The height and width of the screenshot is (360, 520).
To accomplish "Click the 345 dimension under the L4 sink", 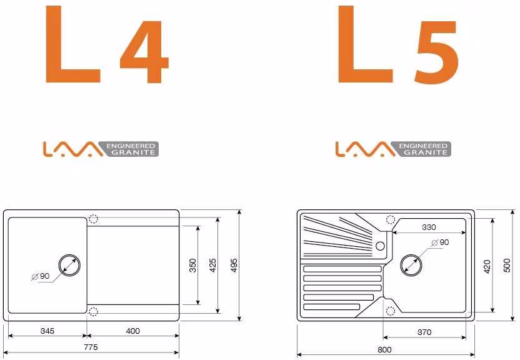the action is click(47, 331).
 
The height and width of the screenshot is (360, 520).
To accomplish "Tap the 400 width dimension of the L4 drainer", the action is click(133, 331).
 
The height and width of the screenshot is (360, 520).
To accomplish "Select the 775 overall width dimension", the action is click(91, 347).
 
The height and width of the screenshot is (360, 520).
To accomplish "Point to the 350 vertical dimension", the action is click(193, 265).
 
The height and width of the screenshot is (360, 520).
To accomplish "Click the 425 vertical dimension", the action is click(213, 265).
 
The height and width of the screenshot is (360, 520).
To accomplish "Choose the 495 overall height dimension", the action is click(234, 265).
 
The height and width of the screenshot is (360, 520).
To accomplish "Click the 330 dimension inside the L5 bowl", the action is click(429, 227).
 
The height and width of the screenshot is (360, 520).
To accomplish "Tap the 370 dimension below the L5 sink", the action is click(424, 332).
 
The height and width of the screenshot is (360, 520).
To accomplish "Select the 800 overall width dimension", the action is click(384, 350).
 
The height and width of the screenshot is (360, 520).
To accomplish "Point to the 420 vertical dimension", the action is click(487, 266).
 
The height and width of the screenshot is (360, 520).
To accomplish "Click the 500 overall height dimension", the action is click(507, 265).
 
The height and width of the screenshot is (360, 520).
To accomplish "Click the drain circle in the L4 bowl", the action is click(69, 256).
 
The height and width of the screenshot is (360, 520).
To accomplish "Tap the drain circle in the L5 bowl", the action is click(411, 255).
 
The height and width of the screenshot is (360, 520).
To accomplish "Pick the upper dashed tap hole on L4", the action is click(93, 219).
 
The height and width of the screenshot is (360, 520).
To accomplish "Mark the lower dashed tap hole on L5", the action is click(391, 311).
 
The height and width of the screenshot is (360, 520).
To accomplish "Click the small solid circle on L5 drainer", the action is click(380, 246).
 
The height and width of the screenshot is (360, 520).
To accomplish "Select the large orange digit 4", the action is click(144, 51).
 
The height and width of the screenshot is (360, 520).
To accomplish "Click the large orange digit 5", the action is click(437, 52).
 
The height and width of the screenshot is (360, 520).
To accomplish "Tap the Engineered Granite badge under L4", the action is click(101, 149).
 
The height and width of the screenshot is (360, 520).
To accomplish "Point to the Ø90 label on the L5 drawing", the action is click(441, 242).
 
